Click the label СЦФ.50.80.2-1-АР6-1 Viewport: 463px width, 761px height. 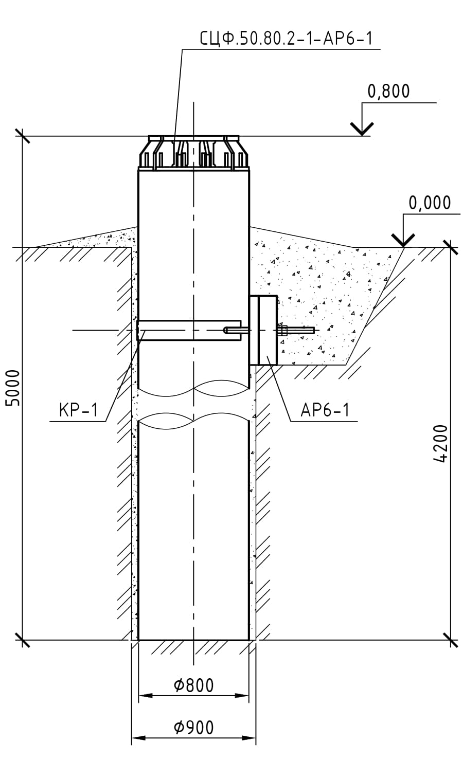(x=286, y=39)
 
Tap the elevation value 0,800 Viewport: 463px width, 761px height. (x=388, y=91)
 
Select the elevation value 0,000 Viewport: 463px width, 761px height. (x=430, y=203)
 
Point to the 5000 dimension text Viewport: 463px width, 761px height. (x=14, y=388)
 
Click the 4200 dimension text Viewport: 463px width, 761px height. (x=441, y=444)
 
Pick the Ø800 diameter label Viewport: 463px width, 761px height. (x=194, y=685)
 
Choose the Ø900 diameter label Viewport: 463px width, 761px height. (x=194, y=728)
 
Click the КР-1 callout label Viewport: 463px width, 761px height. (x=79, y=410)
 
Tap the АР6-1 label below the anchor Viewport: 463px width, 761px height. (x=325, y=410)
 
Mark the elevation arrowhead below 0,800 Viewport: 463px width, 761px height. (x=362, y=129)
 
